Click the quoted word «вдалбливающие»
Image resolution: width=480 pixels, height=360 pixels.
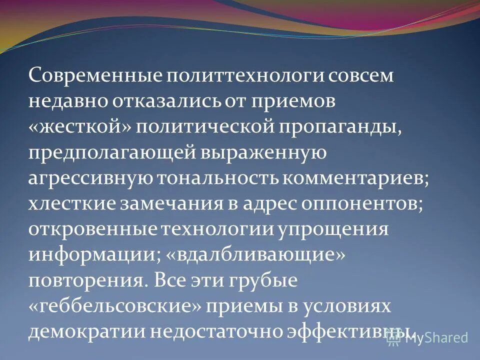pos(254,255)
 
